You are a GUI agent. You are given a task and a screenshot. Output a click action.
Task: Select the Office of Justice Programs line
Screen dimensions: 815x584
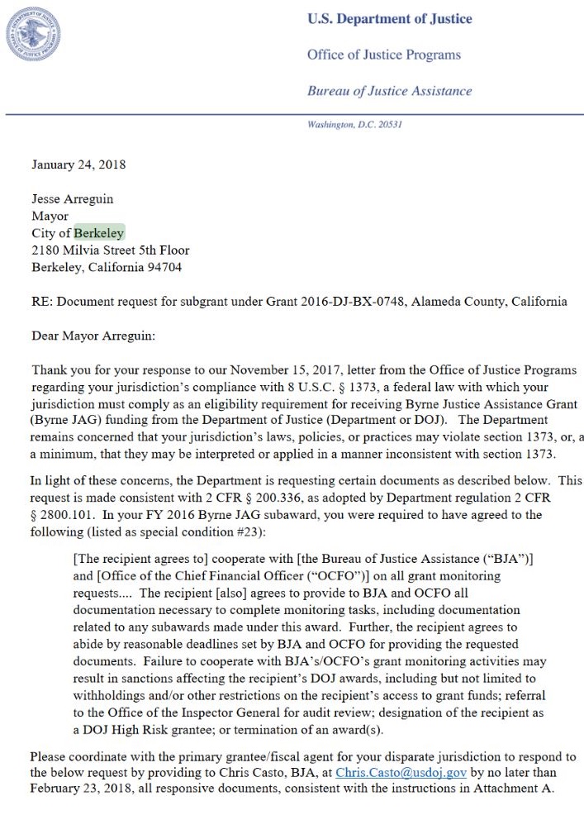[384, 55]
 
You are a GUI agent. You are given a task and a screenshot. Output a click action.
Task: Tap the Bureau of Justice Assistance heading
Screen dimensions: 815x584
[390, 91]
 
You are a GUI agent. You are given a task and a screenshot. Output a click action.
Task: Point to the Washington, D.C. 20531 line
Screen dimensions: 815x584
[354, 125]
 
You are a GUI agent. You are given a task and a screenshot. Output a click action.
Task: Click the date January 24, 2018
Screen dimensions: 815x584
[78, 164]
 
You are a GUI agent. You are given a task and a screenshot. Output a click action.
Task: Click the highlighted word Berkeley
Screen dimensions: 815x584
[99, 233]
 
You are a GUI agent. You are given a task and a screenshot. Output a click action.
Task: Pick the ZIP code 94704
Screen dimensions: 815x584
[164, 267]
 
